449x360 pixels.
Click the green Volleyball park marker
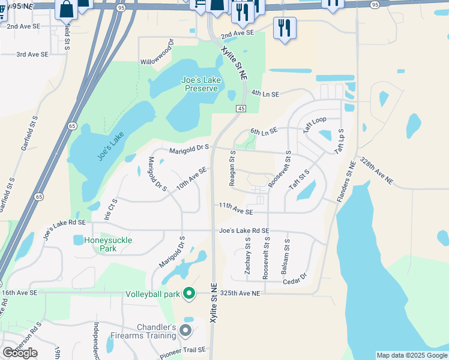tap(189, 294)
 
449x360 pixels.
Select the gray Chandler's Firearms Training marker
tap(185, 331)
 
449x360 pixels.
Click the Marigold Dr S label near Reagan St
tap(188, 148)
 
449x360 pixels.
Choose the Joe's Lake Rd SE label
tap(244, 230)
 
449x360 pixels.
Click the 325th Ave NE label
tap(240, 293)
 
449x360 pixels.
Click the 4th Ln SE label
tap(265, 94)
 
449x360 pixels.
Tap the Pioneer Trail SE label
tap(182, 352)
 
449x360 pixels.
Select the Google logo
tap(20, 352)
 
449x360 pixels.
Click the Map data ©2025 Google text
tap(411, 355)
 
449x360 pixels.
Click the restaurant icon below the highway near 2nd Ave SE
tap(283, 28)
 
